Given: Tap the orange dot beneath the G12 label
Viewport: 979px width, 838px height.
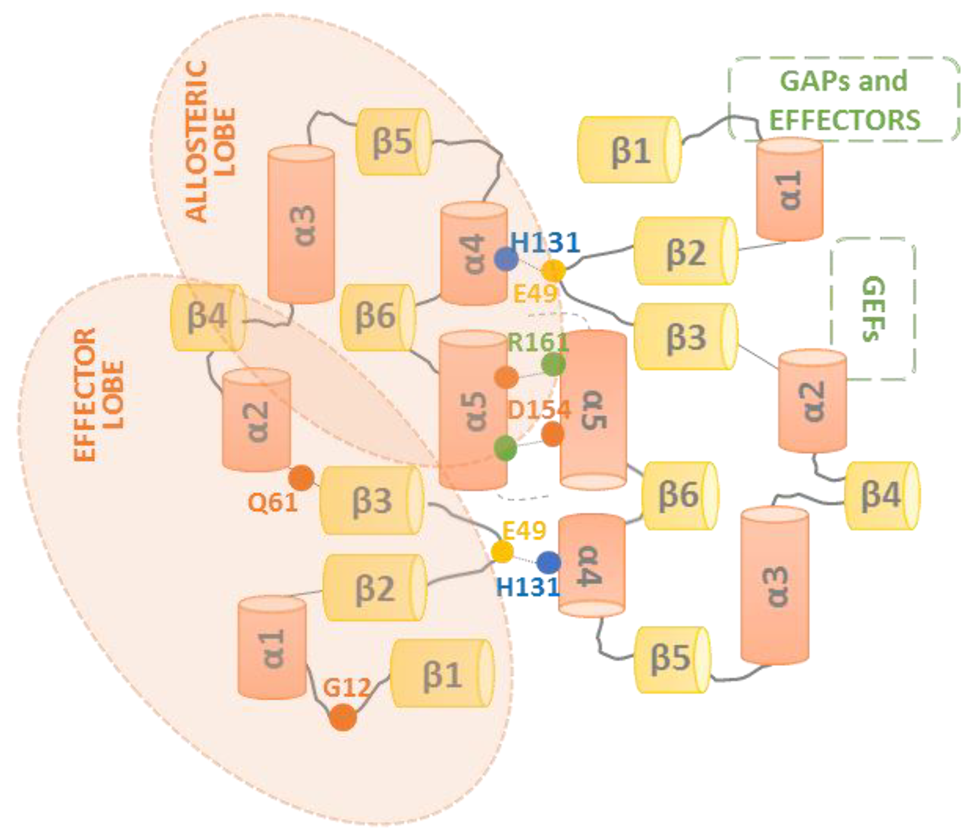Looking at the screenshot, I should pos(343,717).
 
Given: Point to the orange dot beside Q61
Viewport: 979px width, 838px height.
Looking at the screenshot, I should pos(301,478).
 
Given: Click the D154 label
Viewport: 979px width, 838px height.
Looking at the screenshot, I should pos(539,410).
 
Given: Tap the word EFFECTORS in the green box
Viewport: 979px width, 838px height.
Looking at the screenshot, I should pos(845,120).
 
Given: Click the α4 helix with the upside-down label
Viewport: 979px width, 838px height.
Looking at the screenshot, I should pos(592,565).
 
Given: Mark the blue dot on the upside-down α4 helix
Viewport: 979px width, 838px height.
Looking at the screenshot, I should pos(549,562).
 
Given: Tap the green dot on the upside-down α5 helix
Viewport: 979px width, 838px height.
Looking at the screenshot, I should pos(553,364).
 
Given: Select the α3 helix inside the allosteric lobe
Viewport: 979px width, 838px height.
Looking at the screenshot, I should pos(301,224).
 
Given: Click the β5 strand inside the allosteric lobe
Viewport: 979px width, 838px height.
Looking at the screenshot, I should pos(393,142).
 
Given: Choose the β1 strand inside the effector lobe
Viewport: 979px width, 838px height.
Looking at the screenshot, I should pos(442,674).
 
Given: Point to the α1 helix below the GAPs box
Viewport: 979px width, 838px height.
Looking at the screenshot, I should pos(789,190).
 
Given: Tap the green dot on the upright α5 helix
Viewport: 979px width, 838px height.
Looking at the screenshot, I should pos(505,448).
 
